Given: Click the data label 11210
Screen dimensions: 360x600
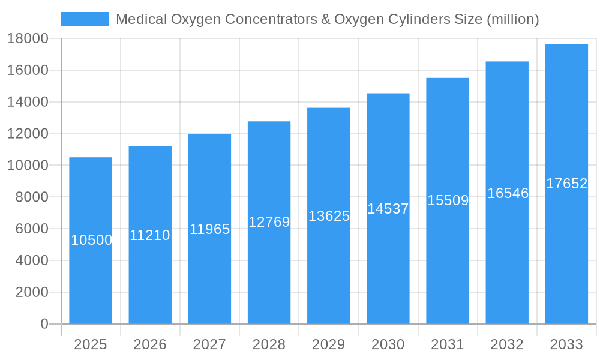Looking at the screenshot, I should (x=150, y=235).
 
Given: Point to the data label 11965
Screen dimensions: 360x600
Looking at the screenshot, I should (x=209, y=229).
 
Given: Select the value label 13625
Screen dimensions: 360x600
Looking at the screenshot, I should (x=329, y=216).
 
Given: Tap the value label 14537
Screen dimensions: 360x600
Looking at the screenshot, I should (x=388, y=209).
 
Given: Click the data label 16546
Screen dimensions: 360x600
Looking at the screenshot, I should (x=508, y=193).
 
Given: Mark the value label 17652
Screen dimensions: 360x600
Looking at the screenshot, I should (x=566, y=184).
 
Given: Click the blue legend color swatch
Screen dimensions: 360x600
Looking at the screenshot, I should (x=85, y=19).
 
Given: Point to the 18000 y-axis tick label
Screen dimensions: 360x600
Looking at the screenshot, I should (x=28, y=38).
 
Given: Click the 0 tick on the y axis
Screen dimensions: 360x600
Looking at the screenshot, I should (x=44, y=324).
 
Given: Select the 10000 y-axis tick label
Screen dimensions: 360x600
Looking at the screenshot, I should (x=28, y=166).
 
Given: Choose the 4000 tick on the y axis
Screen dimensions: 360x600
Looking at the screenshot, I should (x=31, y=260).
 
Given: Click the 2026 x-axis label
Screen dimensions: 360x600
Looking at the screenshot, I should (x=150, y=344).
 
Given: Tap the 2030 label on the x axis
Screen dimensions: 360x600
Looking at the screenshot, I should (x=388, y=344).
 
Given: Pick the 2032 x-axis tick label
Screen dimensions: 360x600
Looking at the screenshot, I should (x=507, y=344).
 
